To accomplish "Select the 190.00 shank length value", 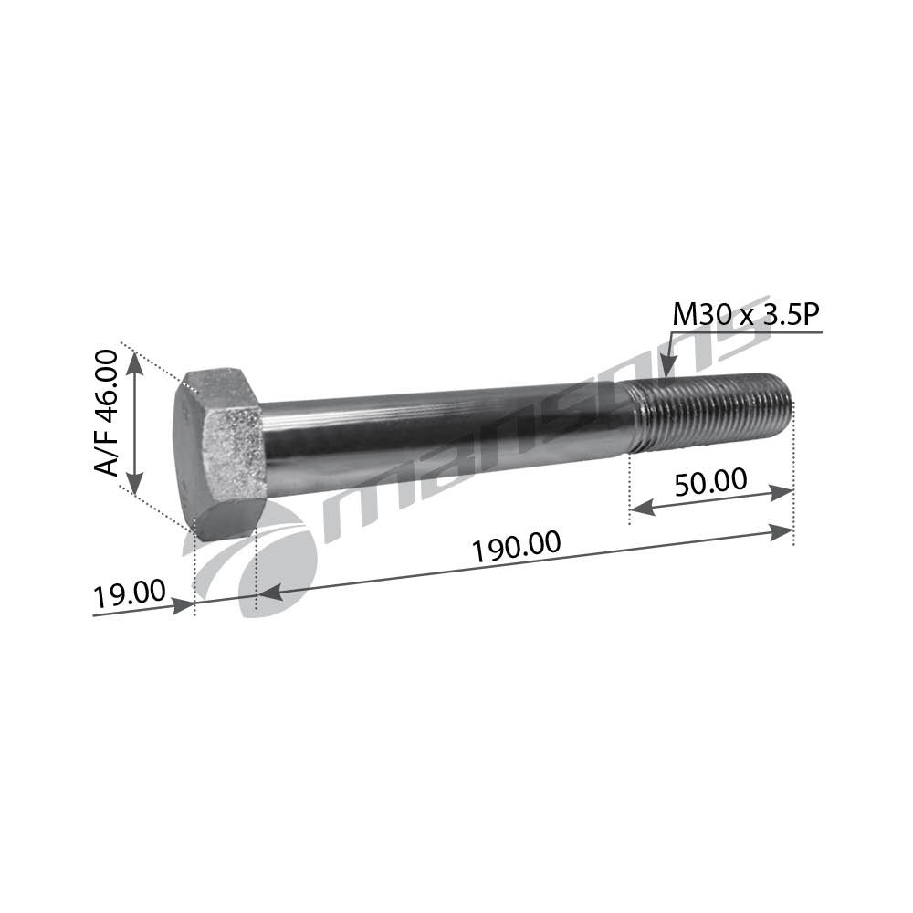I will [x=516, y=547].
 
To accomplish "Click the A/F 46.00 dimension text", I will [x=108, y=413].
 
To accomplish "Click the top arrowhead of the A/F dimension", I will [x=134, y=362].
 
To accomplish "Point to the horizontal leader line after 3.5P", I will [x=794, y=333].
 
